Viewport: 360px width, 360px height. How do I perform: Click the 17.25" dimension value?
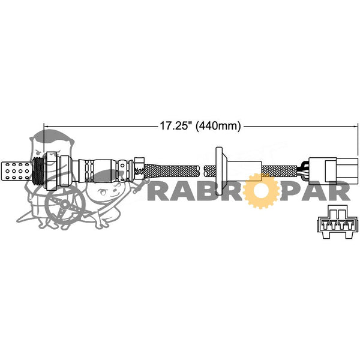[176, 126]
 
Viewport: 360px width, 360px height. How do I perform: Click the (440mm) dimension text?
[218, 126]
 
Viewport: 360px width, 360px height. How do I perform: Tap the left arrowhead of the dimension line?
[45, 126]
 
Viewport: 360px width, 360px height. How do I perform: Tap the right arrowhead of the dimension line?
[356, 126]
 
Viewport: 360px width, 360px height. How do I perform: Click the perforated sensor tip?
[17, 171]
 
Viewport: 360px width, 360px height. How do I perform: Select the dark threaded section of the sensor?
[38, 170]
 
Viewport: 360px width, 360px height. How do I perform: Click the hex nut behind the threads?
[52, 171]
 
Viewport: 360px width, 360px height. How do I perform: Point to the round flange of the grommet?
[219, 171]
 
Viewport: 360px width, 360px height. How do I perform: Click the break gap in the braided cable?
[202, 171]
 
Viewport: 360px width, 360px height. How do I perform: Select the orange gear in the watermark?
[260, 191]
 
